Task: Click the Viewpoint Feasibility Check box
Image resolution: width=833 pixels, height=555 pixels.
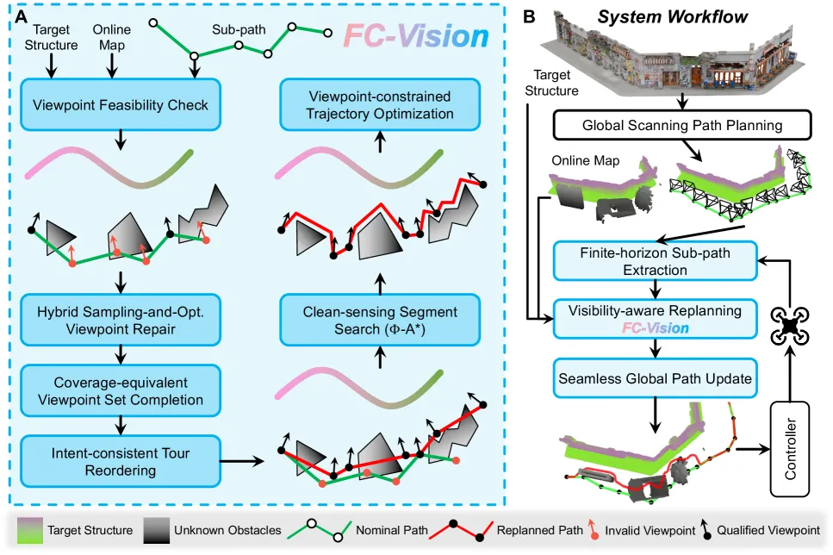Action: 121,105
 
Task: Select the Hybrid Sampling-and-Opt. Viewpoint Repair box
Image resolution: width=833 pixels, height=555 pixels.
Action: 121,320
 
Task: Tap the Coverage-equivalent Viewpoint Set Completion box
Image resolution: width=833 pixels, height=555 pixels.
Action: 121,390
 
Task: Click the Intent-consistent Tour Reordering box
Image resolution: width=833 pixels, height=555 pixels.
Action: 121,461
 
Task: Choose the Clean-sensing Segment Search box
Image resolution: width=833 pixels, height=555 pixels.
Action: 380,320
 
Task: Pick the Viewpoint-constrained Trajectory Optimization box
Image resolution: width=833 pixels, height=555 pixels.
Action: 380,105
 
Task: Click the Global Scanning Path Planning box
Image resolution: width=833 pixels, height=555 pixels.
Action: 682,125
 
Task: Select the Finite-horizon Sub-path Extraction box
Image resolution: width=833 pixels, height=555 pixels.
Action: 655,261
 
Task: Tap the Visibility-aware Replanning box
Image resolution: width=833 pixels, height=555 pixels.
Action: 655,319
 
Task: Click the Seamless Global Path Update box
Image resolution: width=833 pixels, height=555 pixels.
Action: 655,378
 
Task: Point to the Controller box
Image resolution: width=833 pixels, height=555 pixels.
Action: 790,449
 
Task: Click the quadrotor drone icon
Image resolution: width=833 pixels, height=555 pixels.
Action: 790,326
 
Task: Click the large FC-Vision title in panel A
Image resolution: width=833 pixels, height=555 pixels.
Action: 416,36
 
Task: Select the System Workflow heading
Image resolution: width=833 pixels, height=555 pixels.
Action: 673,17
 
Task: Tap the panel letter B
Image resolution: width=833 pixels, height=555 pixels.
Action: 529,17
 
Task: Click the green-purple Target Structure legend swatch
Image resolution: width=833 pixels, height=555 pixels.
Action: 30,531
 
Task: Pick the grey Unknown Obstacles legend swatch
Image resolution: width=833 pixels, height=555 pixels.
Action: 157,531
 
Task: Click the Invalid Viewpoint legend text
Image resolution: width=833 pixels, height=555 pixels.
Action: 650,531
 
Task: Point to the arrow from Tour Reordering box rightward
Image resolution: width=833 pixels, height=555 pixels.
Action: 242,461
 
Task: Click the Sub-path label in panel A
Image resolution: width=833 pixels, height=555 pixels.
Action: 239,30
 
